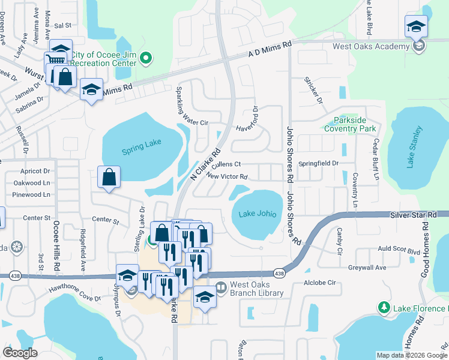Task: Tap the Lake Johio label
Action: (x=256, y=214)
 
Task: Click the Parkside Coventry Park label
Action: (x=350, y=124)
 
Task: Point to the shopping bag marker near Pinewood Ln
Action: (x=109, y=178)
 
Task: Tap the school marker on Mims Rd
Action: (x=91, y=90)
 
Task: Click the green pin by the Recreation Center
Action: (x=145, y=58)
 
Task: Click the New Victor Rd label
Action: (x=226, y=176)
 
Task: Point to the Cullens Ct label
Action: (x=226, y=164)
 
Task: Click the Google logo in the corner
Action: (x=20, y=353)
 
